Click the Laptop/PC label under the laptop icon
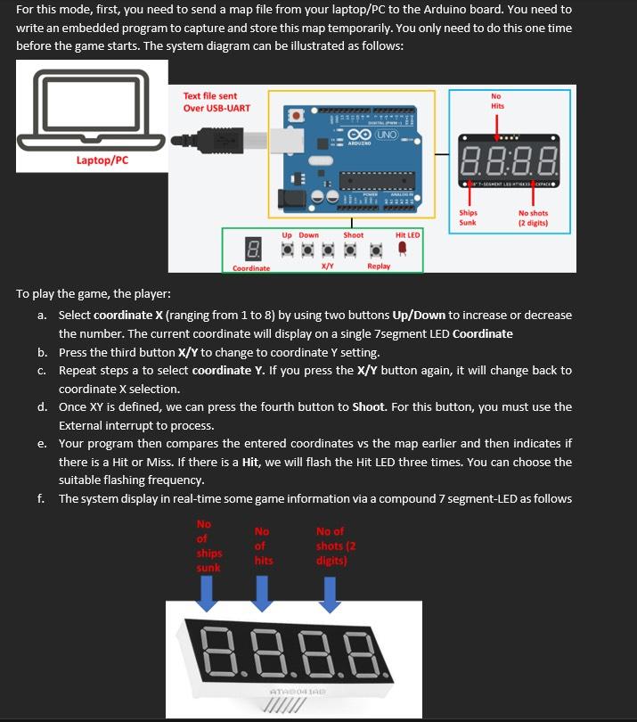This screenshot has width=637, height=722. (x=102, y=160)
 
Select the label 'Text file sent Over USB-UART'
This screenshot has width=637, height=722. (x=216, y=102)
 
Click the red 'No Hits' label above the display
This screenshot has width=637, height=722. (x=496, y=101)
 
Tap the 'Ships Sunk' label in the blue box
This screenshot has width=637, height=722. (x=468, y=217)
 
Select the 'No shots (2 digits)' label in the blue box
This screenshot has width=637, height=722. (x=533, y=217)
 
